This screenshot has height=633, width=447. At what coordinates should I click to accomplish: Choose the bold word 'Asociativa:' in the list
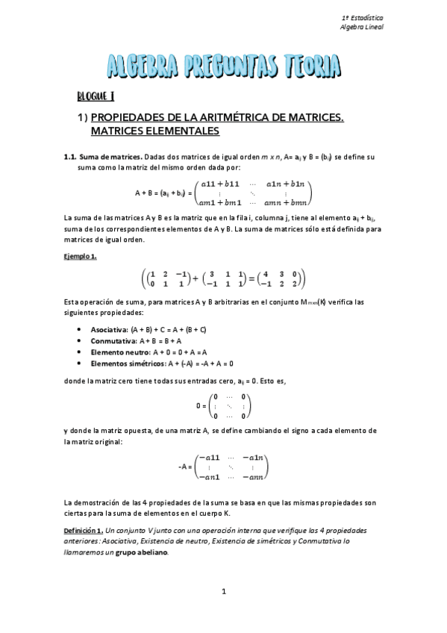110,329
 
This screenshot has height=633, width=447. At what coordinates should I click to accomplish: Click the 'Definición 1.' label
86,529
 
